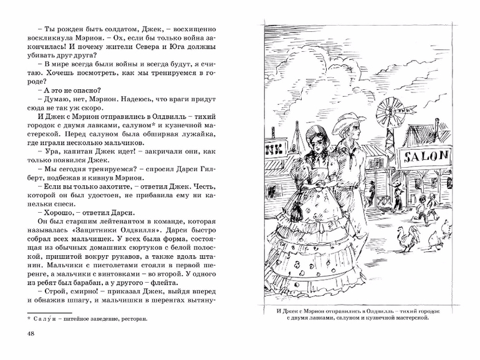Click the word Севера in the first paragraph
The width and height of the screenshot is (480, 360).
pos(136,47)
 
